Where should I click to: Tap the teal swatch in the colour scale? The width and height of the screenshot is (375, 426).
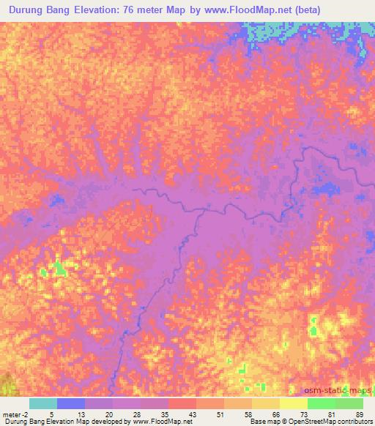(x=43, y=403)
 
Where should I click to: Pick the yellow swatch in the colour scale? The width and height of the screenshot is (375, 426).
(x=294, y=403)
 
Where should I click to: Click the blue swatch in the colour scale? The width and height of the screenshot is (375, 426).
(x=71, y=403)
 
